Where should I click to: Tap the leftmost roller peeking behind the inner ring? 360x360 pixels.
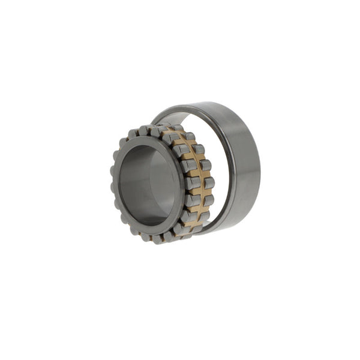113,180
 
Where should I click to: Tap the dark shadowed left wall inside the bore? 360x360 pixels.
129,186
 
